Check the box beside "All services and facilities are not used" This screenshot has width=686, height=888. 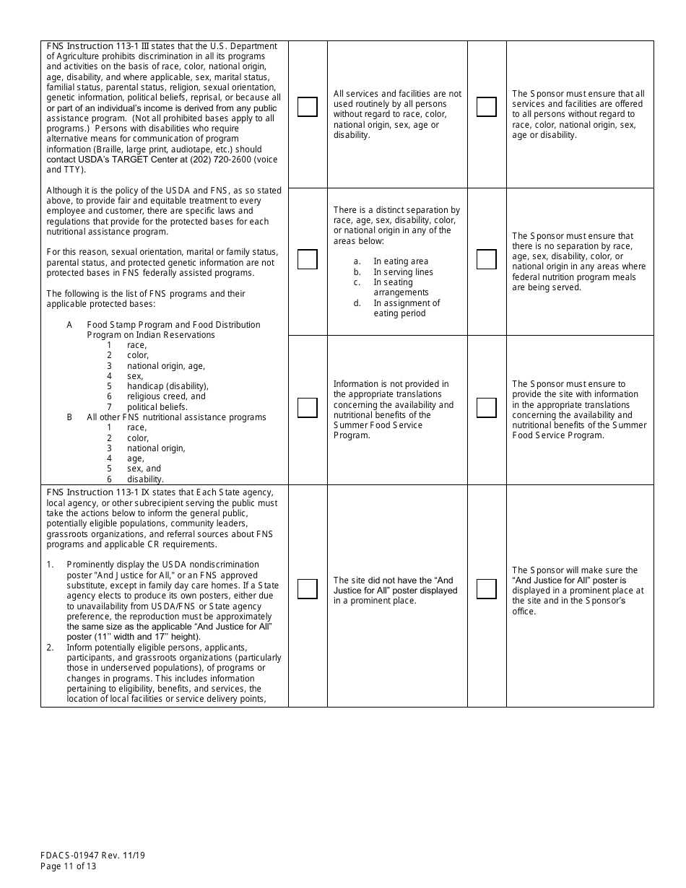307,107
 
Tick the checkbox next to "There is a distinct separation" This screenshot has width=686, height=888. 307,259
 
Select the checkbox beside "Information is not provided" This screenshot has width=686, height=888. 307,408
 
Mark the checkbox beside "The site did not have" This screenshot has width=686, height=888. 307,589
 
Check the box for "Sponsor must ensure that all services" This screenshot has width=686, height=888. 486,107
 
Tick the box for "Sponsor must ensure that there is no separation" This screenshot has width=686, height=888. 486,259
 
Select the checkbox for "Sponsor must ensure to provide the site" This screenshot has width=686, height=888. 486,408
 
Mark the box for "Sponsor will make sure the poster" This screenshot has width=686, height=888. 486,589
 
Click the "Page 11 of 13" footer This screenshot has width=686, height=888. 68,866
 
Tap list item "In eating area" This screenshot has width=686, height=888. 401,261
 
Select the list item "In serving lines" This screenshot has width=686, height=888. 403,272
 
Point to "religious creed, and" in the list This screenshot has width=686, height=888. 166,396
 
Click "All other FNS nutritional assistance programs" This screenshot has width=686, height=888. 176,417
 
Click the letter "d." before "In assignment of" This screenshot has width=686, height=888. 357,303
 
